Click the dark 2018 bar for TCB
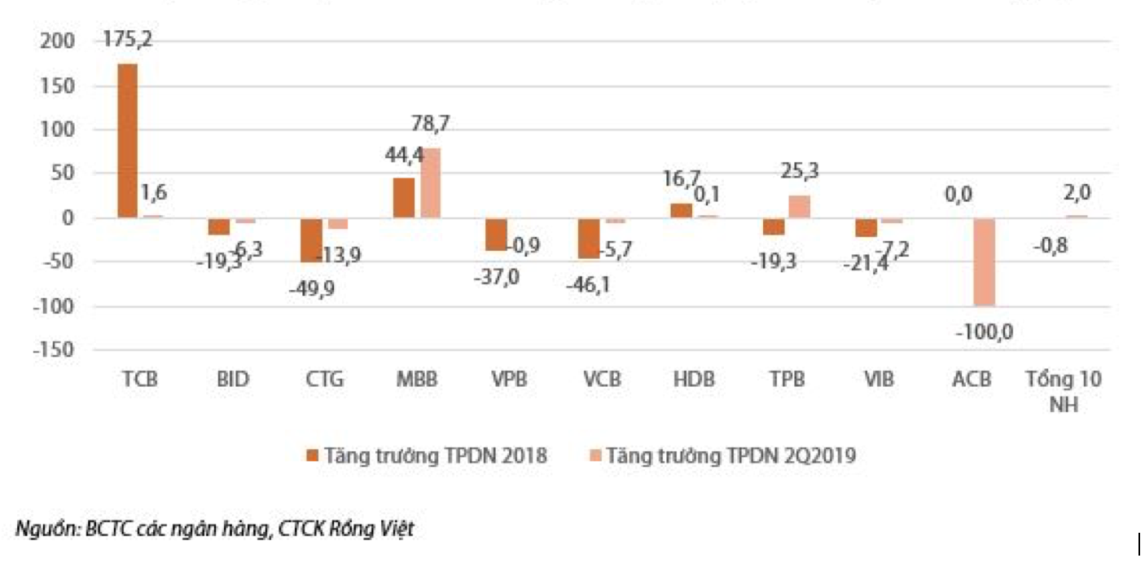(x=128, y=140)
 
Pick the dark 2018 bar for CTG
(x=311, y=240)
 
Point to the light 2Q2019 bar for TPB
(x=799, y=207)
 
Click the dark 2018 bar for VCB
(x=586, y=238)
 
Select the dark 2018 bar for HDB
(x=681, y=211)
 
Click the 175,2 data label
(x=128, y=39)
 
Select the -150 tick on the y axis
(x=54, y=350)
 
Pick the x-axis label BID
(x=233, y=380)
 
